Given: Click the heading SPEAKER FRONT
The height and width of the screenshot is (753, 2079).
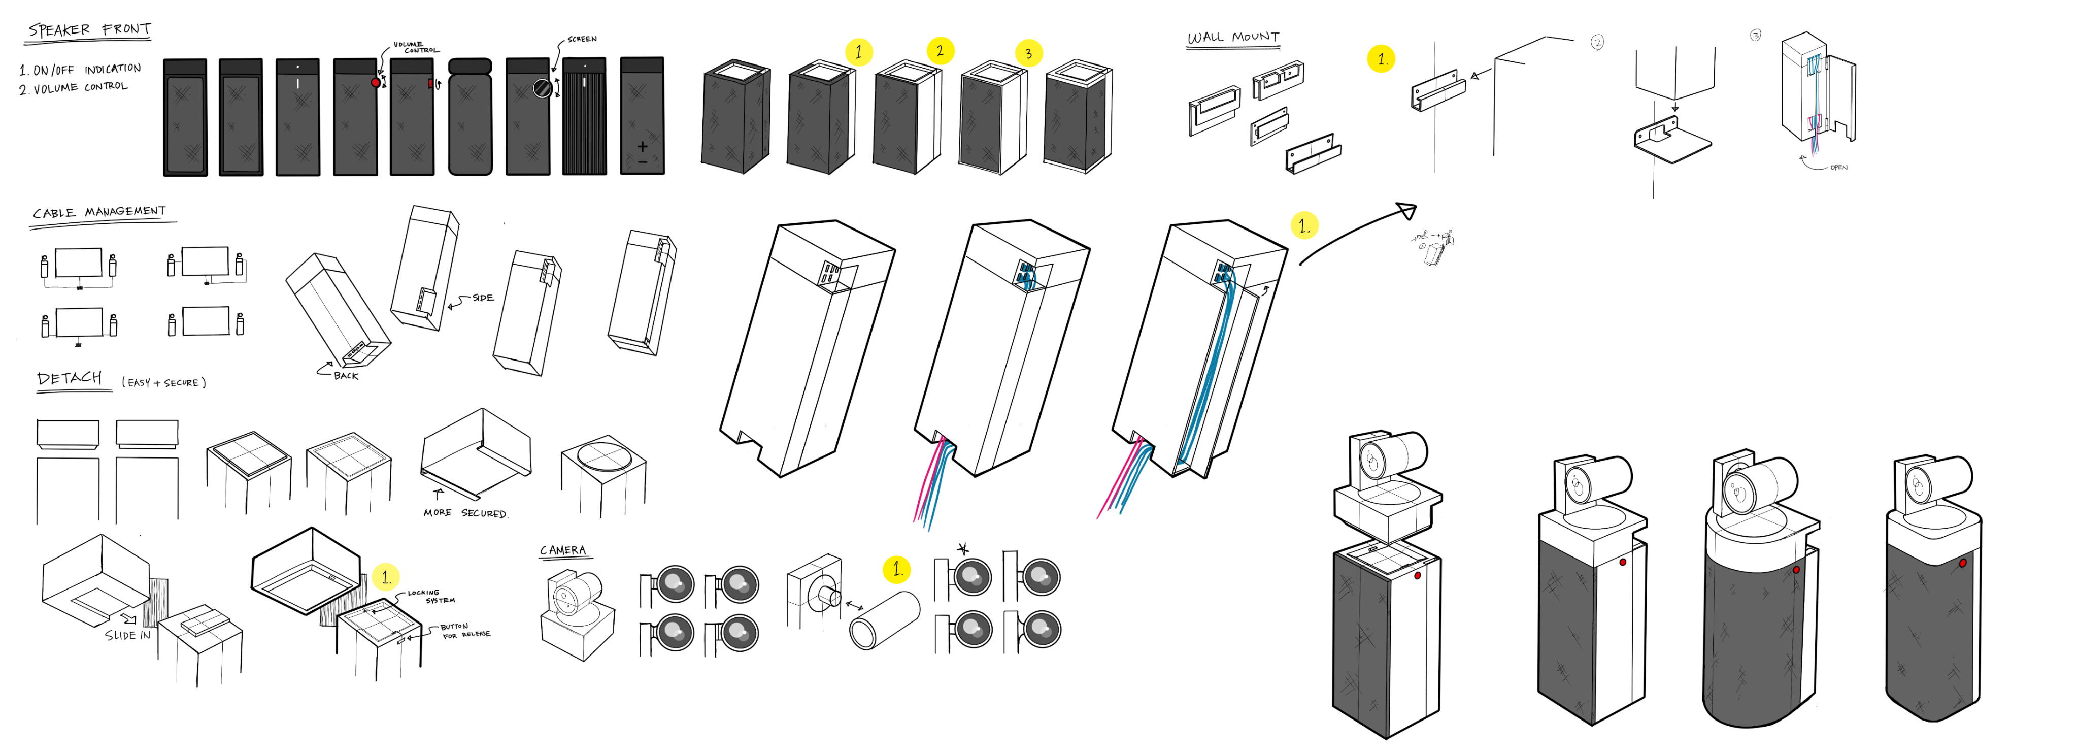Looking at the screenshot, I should pyautogui.click(x=89, y=30).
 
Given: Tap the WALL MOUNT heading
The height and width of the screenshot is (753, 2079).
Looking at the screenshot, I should pyautogui.click(x=1232, y=37).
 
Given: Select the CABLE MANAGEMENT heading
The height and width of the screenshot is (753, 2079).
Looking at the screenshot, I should pyautogui.click(x=98, y=212).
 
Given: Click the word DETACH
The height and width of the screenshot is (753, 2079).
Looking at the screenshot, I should pyautogui.click(x=70, y=378).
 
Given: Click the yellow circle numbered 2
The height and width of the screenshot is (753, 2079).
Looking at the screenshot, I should pyautogui.click(x=940, y=51).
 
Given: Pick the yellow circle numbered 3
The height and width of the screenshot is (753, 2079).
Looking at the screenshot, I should pyautogui.click(x=1028, y=54).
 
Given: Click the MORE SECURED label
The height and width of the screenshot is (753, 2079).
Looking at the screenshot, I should pyautogui.click(x=465, y=512).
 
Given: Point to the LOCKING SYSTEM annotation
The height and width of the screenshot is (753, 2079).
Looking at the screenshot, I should pyautogui.click(x=431, y=597).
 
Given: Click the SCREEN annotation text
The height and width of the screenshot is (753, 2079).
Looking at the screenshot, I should pyautogui.click(x=582, y=39).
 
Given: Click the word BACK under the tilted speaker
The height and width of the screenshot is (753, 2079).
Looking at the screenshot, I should pyautogui.click(x=346, y=375).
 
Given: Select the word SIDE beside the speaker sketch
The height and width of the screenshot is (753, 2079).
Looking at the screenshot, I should pyautogui.click(x=483, y=298).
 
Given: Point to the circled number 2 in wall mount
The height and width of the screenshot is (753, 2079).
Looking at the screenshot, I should pyautogui.click(x=1596, y=43).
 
